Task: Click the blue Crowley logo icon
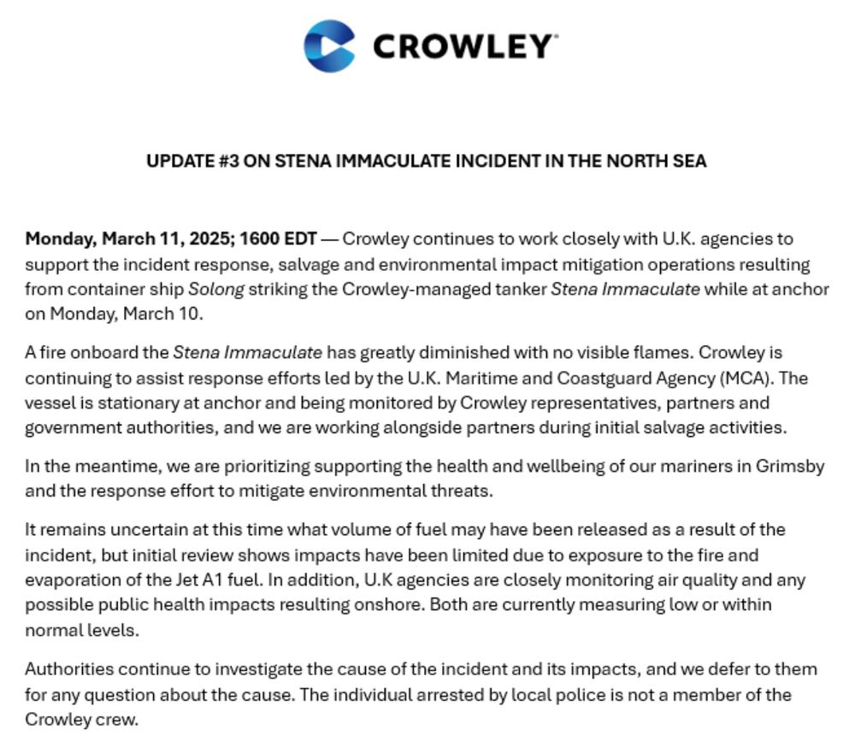329,46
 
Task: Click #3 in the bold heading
228,161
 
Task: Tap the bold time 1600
262,238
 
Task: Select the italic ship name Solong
216,289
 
